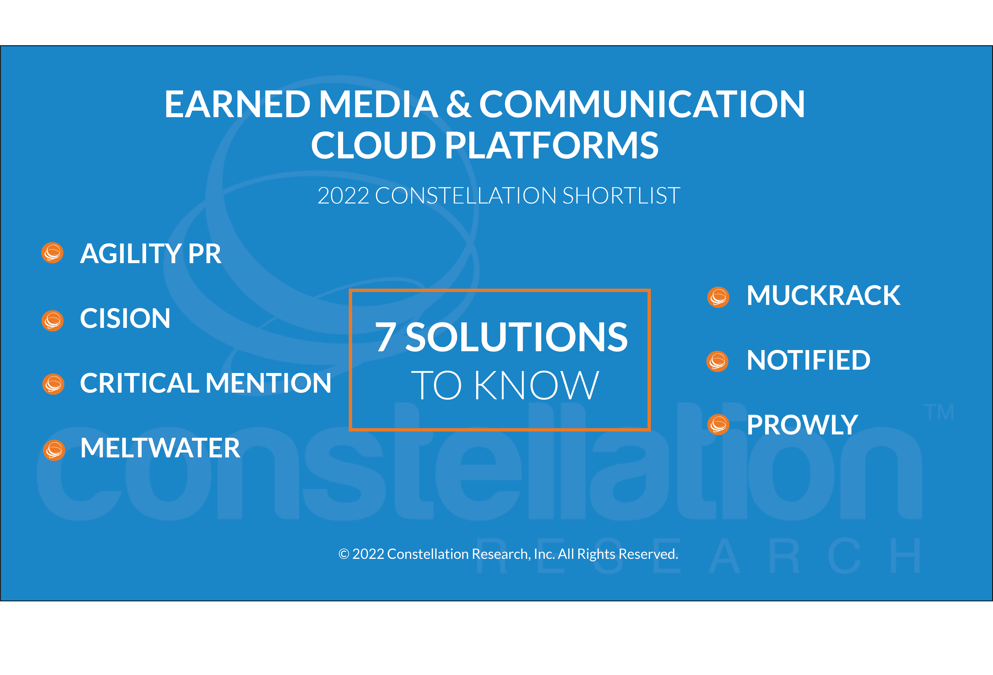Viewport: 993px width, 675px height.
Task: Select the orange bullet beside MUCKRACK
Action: coord(718,297)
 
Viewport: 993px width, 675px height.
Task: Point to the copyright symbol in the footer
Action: coord(343,554)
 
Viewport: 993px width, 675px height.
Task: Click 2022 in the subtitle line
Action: coord(343,196)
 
